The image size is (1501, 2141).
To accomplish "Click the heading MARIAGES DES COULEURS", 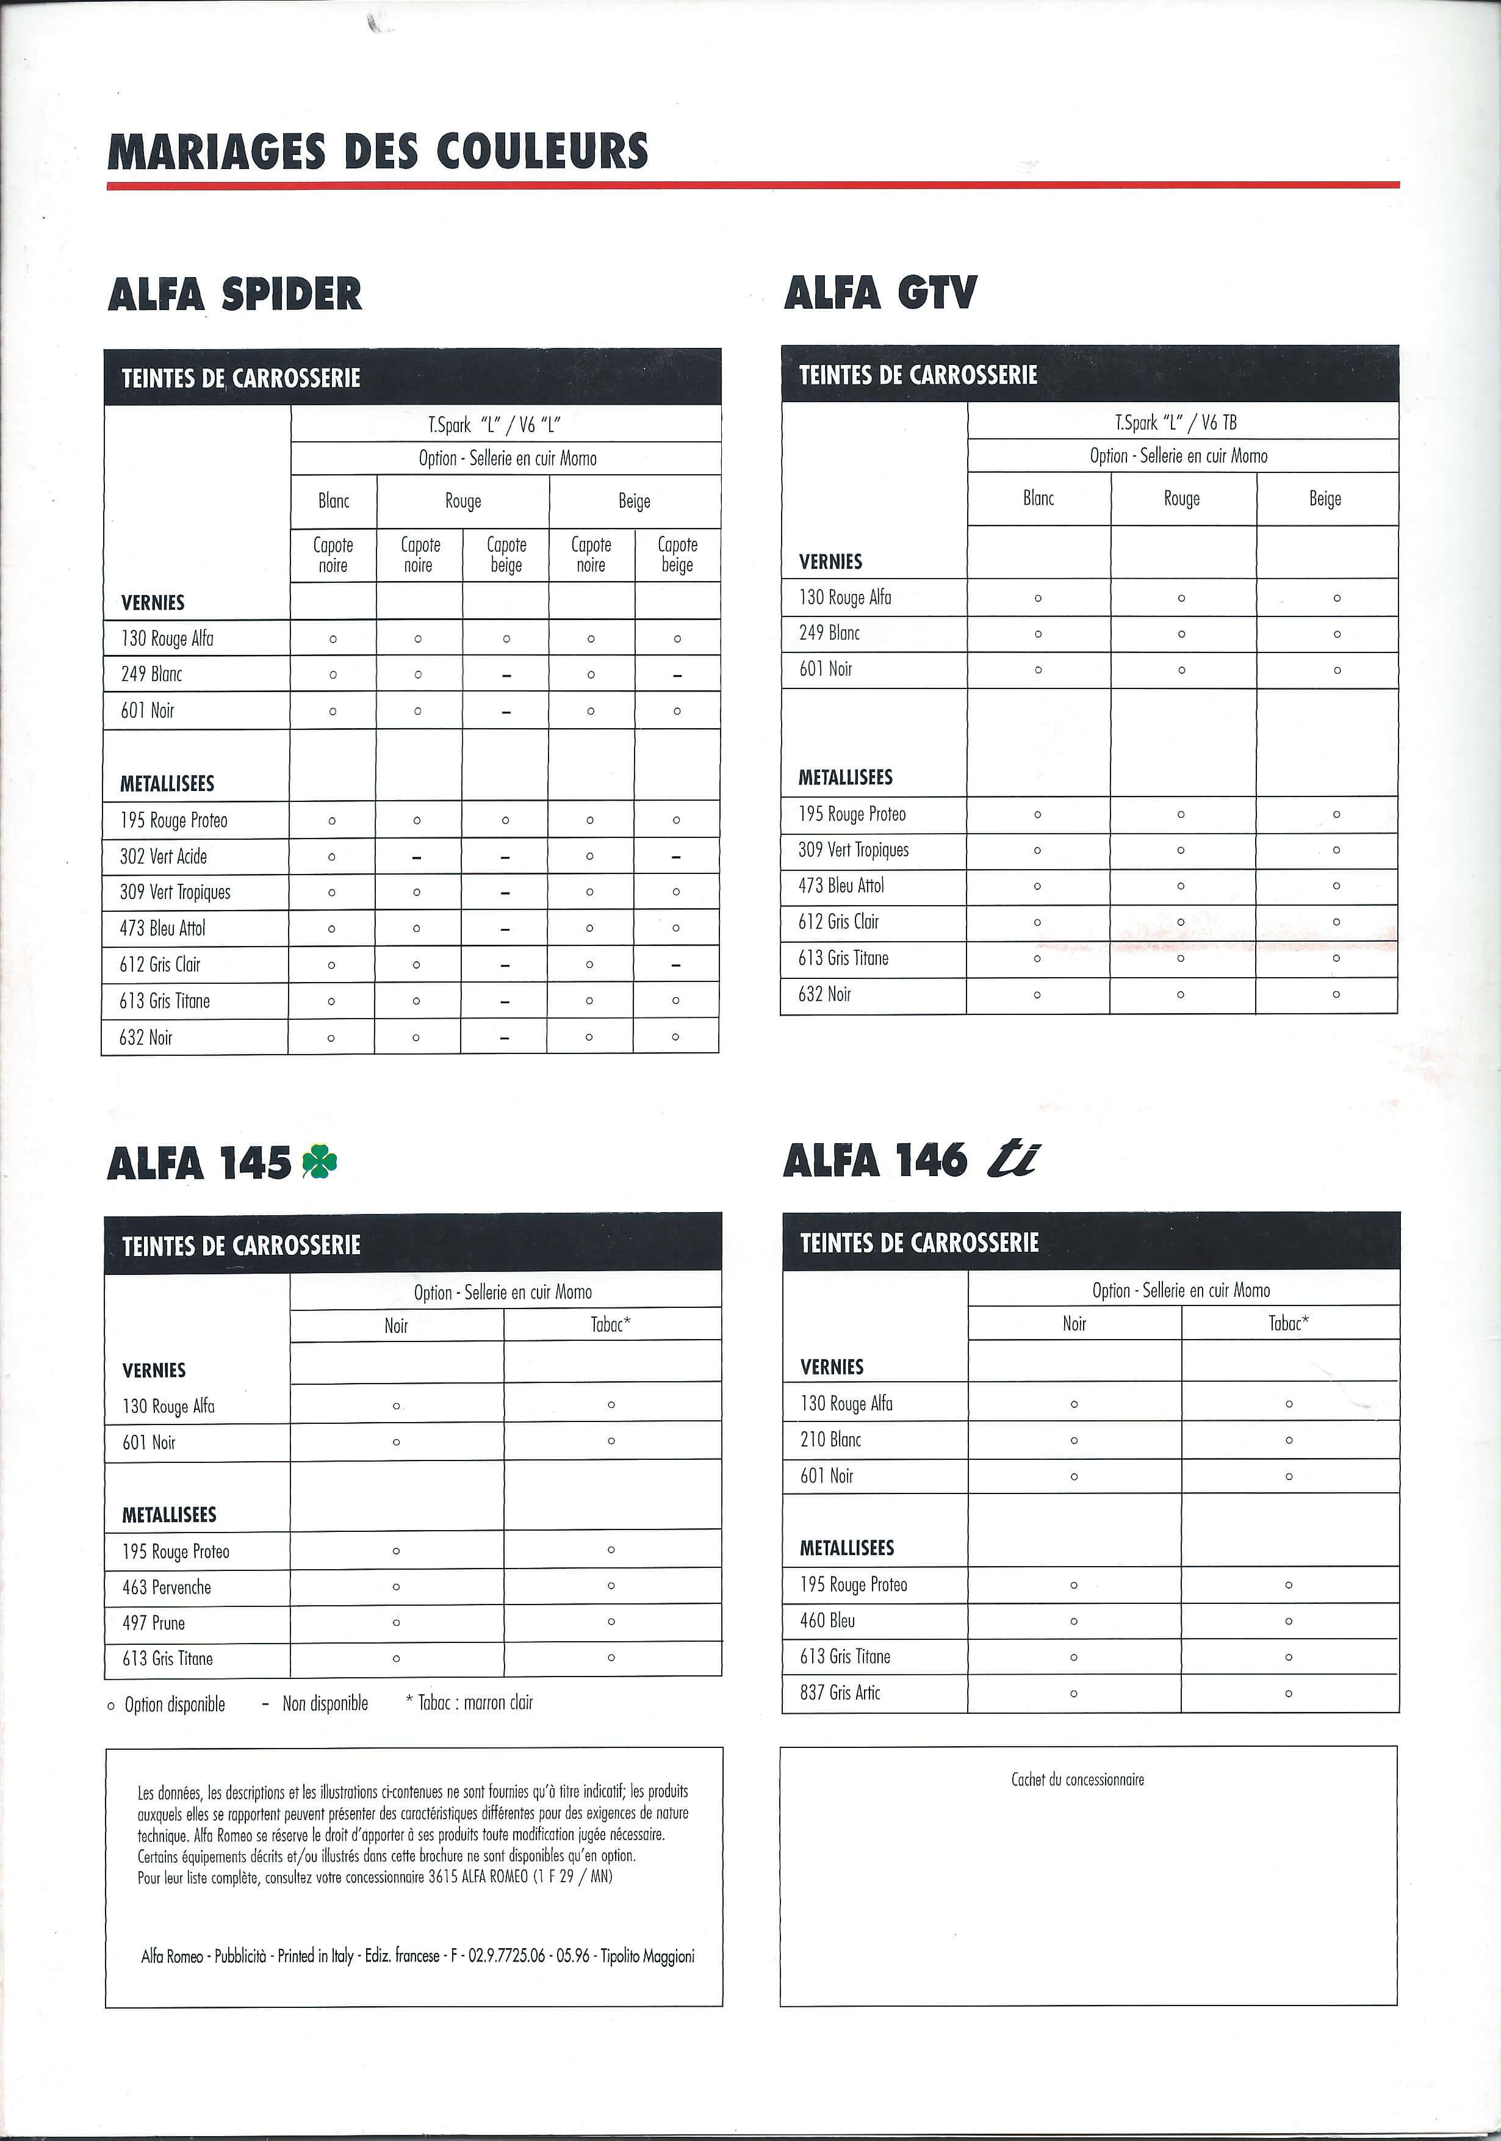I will click(x=378, y=151).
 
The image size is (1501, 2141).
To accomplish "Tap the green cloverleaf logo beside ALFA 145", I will click(x=320, y=1162).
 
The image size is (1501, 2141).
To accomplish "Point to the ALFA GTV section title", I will click(x=880, y=293).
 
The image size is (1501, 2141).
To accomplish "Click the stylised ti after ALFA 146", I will click(x=1012, y=1160).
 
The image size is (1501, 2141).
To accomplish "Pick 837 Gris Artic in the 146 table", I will click(x=840, y=1692).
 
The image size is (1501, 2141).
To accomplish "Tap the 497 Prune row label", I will click(x=153, y=1623).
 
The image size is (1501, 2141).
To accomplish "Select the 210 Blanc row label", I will click(x=830, y=1440).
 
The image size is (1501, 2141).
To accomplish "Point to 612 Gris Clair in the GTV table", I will click(x=838, y=922).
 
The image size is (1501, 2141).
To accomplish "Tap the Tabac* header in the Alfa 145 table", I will click(x=611, y=1324).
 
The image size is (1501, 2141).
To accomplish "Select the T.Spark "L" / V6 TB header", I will click(x=1176, y=422).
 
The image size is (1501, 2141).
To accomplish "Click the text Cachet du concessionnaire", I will click(x=1078, y=1779).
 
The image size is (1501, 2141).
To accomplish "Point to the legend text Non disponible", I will click(x=325, y=1703).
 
